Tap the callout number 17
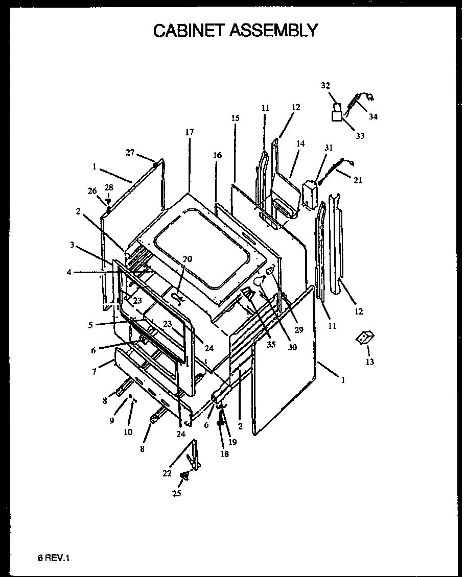click(x=190, y=132)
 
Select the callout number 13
click(x=369, y=362)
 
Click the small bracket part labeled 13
click(x=365, y=337)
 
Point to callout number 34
click(x=373, y=116)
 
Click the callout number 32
click(x=325, y=86)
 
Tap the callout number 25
click(x=176, y=493)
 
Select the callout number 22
click(x=167, y=473)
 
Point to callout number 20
click(x=188, y=259)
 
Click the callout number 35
click(x=271, y=344)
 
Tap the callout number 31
click(x=329, y=148)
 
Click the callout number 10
click(x=128, y=431)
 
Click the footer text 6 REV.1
click(x=53, y=559)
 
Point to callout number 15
click(x=235, y=118)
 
